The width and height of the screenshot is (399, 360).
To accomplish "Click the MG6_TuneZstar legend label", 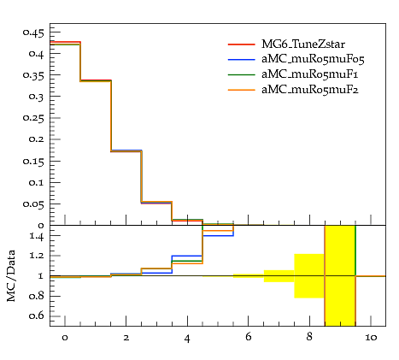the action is (303, 44).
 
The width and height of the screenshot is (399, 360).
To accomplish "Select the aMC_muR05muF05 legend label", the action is (313, 59).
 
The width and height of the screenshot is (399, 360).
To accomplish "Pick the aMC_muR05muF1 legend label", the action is (310, 74).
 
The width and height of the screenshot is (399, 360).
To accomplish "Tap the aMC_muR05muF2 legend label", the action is (310, 90).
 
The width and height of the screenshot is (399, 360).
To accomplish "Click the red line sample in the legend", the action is (241, 44).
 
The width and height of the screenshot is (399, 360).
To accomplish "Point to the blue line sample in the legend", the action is (241, 60).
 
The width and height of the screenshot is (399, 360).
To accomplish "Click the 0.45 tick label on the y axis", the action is (33, 33).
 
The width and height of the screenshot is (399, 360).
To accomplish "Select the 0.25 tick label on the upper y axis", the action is (33, 118).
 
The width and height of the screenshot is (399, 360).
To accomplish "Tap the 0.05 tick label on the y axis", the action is (33, 204).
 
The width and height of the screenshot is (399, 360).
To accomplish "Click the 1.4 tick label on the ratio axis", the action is (37, 236).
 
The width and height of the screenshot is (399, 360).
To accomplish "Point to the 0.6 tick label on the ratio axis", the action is (37, 316).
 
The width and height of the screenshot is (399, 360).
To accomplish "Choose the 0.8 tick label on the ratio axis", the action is (37, 296).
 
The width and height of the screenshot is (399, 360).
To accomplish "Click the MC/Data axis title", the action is (11, 275).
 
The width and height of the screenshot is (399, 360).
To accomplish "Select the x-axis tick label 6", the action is (249, 337).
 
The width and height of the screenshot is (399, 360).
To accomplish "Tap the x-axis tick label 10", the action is (371, 338).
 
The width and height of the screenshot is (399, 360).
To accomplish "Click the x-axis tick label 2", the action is (126, 338).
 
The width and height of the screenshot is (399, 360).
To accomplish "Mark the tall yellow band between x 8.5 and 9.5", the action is (340, 275).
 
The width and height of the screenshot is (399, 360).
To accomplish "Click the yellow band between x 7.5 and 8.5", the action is (309, 276).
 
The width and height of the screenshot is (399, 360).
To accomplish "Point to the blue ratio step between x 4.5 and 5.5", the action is (218, 236).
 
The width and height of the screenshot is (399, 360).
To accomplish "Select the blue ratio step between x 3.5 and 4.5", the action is (187, 256).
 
